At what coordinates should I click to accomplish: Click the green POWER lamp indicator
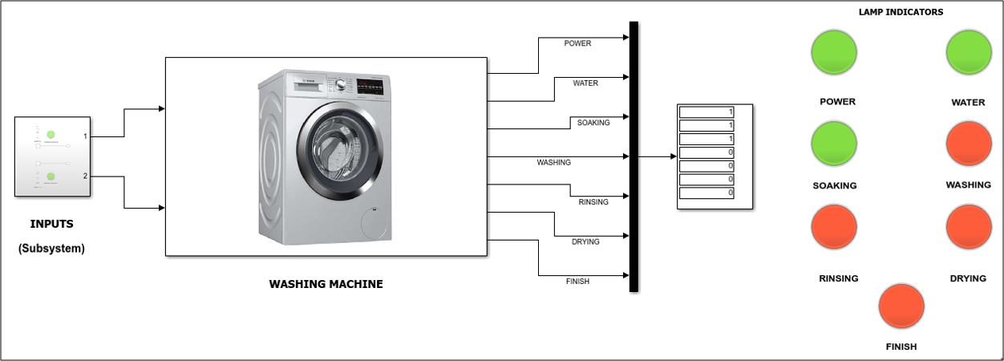click(835, 55)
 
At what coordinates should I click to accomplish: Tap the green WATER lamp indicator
click(969, 55)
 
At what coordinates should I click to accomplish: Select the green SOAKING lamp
click(835, 144)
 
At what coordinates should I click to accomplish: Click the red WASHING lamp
click(969, 144)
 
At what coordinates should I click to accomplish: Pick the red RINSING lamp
click(835, 227)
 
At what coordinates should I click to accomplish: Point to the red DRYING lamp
click(969, 227)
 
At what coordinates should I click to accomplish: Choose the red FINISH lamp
click(902, 306)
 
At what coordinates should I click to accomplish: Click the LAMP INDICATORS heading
click(901, 12)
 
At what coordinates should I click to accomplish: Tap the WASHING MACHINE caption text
click(326, 284)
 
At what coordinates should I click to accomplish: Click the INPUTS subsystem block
click(52, 157)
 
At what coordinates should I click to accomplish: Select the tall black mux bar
click(634, 156)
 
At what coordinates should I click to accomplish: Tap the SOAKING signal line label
click(593, 123)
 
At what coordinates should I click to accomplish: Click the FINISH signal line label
click(577, 282)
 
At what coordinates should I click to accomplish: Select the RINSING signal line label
click(593, 202)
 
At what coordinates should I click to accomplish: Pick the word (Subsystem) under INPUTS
click(51, 249)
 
